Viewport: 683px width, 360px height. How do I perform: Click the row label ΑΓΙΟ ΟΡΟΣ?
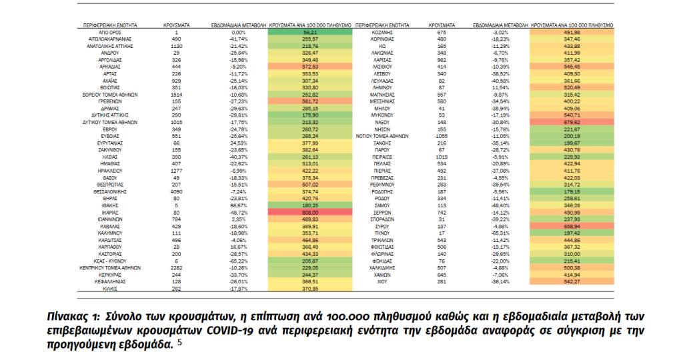pyautogui.click(x=109, y=32)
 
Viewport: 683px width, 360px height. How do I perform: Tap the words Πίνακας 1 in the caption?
pyautogui.click(x=75, y=315)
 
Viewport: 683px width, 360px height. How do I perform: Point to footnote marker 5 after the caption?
pyautogui.click(x=179, y=343)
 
